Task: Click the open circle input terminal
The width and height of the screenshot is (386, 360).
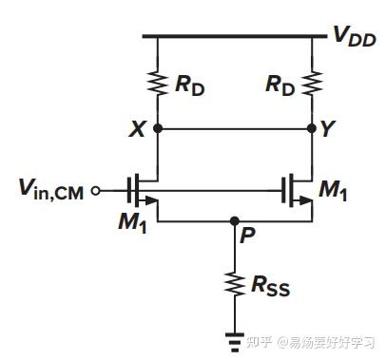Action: click(95, 191)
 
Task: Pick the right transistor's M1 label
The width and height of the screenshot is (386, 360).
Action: click(334, 191)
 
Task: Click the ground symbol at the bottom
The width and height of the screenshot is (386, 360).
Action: click(234, 334)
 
